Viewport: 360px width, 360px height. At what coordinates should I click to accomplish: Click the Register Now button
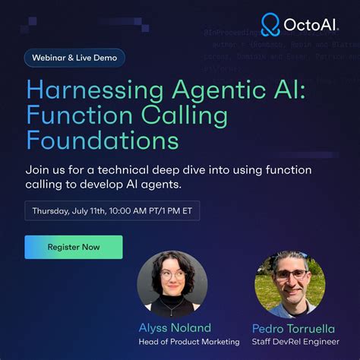(x=74, y=247)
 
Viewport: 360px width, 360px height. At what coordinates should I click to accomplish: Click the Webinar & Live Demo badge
(x=74, y=58)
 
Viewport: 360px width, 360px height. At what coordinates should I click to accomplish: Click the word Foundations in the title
(x=103, y=141)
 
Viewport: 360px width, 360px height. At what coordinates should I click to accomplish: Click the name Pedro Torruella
(x=291, y=328)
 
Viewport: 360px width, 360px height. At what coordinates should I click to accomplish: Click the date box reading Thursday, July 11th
(x=112, y=210)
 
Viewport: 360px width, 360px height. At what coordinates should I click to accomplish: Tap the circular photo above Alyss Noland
(x=172, y=284)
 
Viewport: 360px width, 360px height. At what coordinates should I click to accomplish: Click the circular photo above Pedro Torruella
(x=290, y=284)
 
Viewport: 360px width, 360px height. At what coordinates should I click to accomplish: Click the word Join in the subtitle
(x=38, y=170)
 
